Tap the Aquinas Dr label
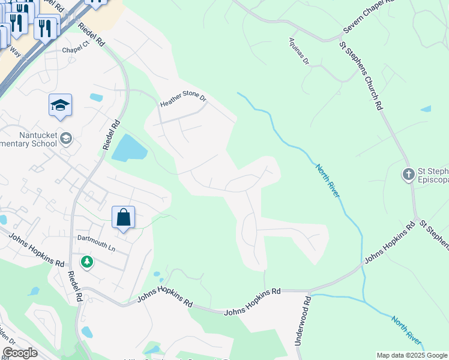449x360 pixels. point(298,53)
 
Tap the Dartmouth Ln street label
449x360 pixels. point(95,238)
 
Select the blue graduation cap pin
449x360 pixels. point(60,106)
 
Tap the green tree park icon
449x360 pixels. point(88,262)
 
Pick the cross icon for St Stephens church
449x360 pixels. point(408,175)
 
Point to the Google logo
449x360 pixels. point(20,353)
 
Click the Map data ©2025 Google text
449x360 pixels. point(412,355)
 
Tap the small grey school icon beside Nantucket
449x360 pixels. point(65,139)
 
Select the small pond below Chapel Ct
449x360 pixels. point(96,97)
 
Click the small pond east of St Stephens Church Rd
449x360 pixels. point(426,109)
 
